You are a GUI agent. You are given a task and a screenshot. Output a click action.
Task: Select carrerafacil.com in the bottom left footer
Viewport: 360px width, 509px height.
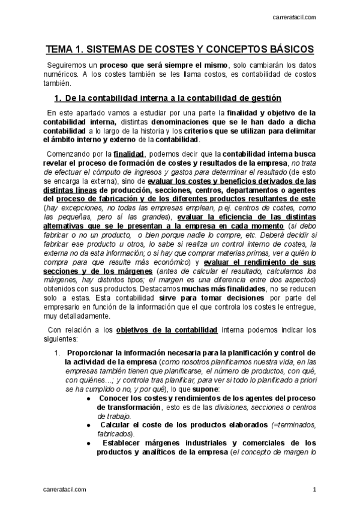pyautogui.click(x=65, y=490)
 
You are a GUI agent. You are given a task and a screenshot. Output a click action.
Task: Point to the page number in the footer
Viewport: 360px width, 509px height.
pyautogui.click(x=314, y=490)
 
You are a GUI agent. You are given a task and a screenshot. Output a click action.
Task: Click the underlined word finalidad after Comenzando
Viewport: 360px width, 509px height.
pyautogui.click(x=128, y=152)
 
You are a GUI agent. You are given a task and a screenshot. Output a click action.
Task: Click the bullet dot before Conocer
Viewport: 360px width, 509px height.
pyautogui.click(x=89, y=398)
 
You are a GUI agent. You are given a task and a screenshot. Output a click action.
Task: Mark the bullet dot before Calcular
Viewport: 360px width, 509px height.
pyautogui.click(x=89, y=426)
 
